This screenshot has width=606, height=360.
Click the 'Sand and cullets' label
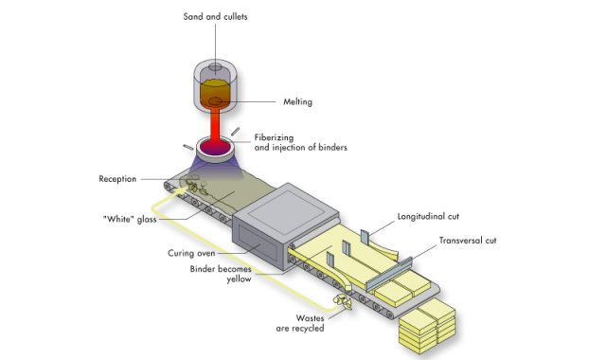(x=215, y=17)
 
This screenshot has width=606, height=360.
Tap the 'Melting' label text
(x=297, y=102)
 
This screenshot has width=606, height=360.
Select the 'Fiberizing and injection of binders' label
(x=301, y=142)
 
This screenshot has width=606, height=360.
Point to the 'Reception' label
(x=117, y=179)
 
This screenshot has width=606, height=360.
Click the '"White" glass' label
(x=130, y=219)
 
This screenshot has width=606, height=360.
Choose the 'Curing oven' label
(x=191, y=253)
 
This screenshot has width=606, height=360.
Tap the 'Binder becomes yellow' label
(x=221, y=274)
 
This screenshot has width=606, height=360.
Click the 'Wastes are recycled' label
(x=300, y=323)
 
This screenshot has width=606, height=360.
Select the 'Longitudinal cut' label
(x=428, y=217)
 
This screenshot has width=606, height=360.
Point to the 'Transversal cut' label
(x=468, y=241)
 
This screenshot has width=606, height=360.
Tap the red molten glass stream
(x=215, y=126)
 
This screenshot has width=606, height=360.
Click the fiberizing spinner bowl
(x=215, y=150)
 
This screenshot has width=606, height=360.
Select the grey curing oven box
(x=285, y=226)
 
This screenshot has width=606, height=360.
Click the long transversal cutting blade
(x=388, y=274)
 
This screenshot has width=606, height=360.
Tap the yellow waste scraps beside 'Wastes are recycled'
(x=343, y=301)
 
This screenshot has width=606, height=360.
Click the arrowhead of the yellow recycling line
(x=181, y=191)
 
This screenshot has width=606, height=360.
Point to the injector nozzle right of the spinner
(x=236, y=132)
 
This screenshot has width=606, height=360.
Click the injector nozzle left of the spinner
(x=188, y=148)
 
